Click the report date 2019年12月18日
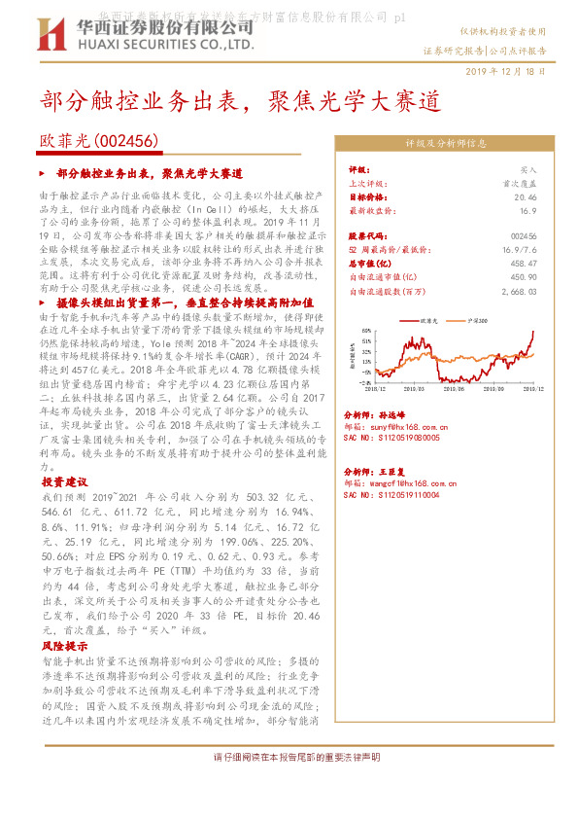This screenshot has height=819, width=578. click(505, 72)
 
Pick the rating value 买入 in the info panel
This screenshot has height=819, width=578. click(528, 168)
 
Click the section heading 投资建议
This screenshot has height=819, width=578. click(64, 481)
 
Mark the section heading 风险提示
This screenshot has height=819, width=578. click(64, 645)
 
